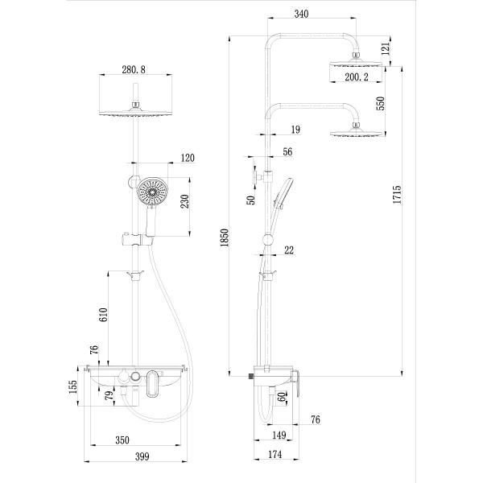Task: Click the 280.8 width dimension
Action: point(135,70)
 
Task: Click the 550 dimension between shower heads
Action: point(381,103)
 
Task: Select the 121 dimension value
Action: point(385,50)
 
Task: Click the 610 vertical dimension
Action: point(103,315)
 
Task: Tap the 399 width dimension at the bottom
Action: point(140,457)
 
